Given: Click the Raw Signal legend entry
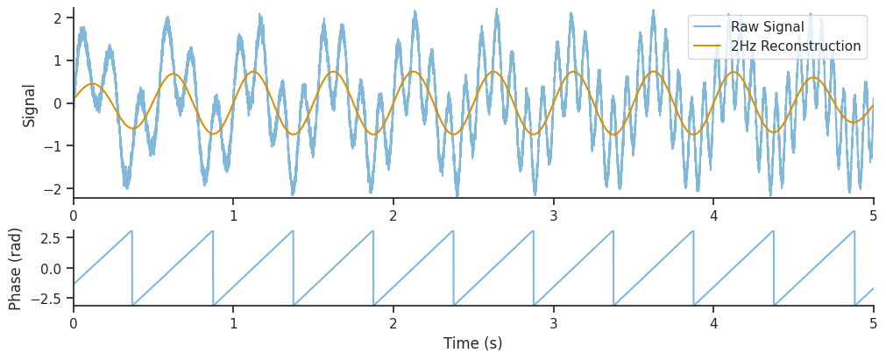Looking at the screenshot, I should [767, 27].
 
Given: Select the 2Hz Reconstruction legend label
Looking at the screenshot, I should [796, 46].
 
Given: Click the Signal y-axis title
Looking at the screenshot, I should [30, 105].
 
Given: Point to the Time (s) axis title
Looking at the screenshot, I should [473, 343].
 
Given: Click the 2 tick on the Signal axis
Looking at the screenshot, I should [55, 18].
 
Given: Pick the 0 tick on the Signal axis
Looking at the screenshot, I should [55, 103].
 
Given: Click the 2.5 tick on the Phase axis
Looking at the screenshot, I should [48, 238].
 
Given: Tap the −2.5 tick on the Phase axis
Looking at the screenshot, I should [45, 299].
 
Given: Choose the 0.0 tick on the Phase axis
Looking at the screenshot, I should [48, 268].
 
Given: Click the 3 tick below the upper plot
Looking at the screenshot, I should [554, 215].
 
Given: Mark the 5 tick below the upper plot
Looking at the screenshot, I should [874, 215].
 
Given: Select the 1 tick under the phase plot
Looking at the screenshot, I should [233, 322].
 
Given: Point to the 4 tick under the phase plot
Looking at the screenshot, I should [713, 322].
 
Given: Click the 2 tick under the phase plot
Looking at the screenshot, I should [393, 322].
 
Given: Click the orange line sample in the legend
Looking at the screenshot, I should [708, 46].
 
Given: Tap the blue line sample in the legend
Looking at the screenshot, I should [708, 27].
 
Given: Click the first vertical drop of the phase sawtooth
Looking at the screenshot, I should [132, 268].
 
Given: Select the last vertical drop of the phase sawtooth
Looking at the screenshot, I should [854, 268].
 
